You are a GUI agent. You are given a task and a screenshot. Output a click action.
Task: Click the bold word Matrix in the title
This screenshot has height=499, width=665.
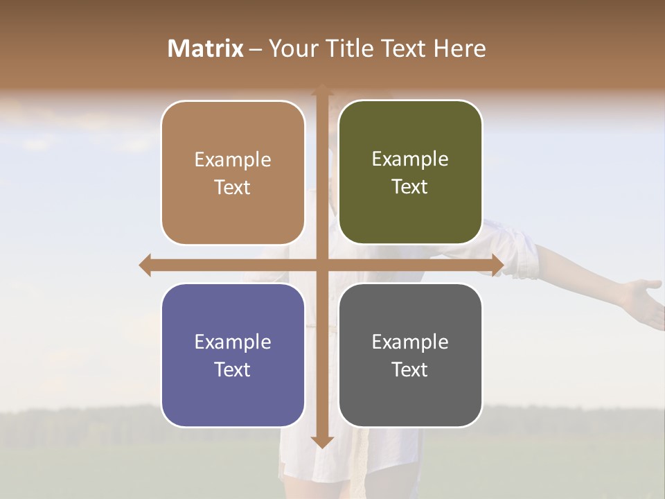pos(205,49)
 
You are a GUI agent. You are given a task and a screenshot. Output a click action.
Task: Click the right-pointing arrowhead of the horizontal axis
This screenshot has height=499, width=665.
pos(497,265)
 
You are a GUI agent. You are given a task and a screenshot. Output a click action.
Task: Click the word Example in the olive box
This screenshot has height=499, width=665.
pos(410,159)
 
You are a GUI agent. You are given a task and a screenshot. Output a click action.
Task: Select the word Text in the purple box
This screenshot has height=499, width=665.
pos(232,369)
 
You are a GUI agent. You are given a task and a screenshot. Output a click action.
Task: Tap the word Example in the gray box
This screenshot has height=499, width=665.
pos(410,342)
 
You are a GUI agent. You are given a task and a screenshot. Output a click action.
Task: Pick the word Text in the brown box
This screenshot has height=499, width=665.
pos(232,187)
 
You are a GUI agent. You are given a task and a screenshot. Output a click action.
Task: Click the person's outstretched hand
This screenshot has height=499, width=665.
pos(642,299)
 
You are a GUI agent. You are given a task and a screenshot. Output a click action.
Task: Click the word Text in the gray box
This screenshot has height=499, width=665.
pos(409,369)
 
